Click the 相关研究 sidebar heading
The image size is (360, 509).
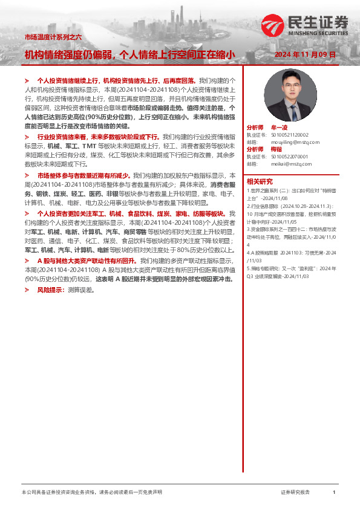[x=259, y=182]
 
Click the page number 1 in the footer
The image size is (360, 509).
[x=335, y=493]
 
